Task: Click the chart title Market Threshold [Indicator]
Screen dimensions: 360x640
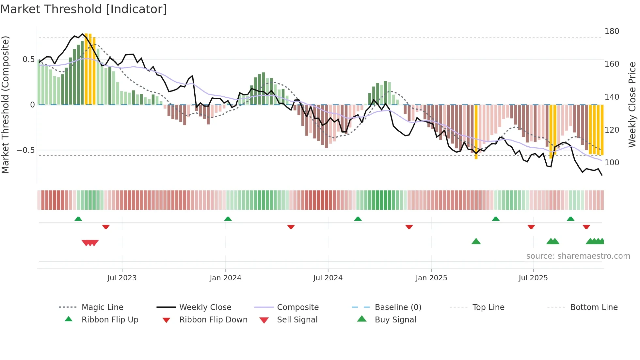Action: pyautogui.click(x=84, y=9)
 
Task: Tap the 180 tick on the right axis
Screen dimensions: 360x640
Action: pyautogui.click(x=612, y=31)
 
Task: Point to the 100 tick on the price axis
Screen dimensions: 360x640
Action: pyautogui.click(x=612, y=162)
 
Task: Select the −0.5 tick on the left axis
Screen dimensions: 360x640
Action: pyautogui.click(x=25, y=150)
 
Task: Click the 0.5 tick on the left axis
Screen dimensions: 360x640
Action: pyautogui.click(x=28, y=59)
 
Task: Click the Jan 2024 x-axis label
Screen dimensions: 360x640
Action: pyautogui.click(x=225, y=278)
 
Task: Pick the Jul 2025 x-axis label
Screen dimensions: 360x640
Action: pyautogui.click(x=533, y=278)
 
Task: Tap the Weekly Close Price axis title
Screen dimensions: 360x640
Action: pyautogui.click(x=632, y=105)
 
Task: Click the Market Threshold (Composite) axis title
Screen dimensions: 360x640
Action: pyautogui.click(x=5, y=105)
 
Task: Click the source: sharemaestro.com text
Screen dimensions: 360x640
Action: pyautogui.click(x=578, y=256)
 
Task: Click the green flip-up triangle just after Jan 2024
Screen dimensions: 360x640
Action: pyautogui.click(x=228, y=219)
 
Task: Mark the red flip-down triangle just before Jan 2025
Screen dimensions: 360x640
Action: pyautogui.click(x=409, y=227)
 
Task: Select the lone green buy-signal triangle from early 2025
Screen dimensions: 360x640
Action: pyautogui.click(x=476, y=241)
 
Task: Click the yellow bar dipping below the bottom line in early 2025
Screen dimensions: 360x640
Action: pyautogui.click(x=476, y=132)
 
